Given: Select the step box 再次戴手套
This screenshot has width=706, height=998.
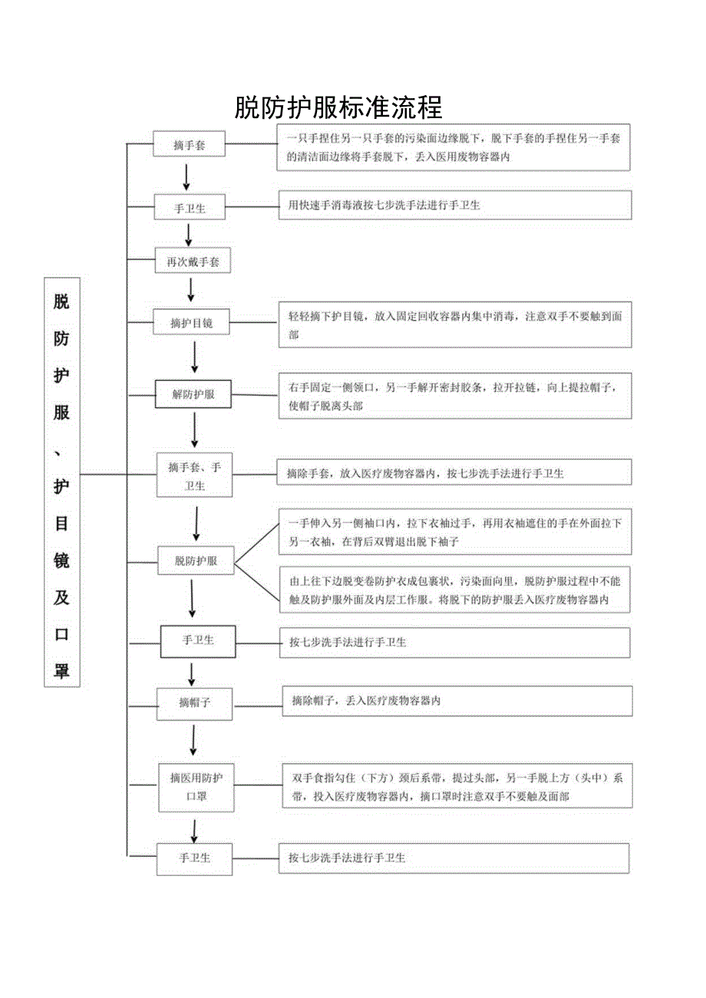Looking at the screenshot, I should pos(193,262).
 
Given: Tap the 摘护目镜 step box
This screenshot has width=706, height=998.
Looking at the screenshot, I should pos(192,324).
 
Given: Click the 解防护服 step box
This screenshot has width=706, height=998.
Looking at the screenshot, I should pos(193,394).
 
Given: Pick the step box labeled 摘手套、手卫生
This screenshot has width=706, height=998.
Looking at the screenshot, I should pos(194,476).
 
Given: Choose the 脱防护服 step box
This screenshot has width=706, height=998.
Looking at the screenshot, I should pos(196,561).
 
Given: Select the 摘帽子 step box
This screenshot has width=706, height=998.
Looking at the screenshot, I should pos(195,703).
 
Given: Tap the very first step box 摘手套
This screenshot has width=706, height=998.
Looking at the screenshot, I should pos(189,144).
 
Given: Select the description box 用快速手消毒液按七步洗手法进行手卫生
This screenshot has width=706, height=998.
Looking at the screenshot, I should pos(455,206).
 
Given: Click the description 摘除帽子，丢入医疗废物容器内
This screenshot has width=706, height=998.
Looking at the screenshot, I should pos(457,701).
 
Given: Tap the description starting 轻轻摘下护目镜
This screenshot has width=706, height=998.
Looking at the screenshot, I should pos(455,324).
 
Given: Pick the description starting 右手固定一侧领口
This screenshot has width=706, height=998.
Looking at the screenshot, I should pos(455,397).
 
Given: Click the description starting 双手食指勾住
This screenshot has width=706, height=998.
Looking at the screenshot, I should pos(457,786).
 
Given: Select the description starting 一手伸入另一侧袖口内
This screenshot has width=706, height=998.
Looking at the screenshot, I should pos(455,532).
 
